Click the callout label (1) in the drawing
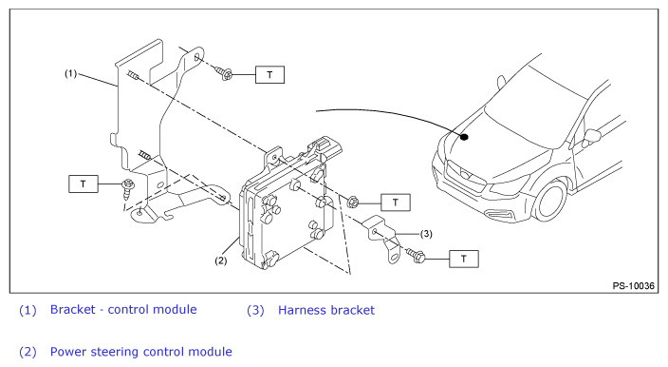coord(71,73)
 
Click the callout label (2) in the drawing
coord(221,261)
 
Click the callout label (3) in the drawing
coord(426,234)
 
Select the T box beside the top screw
coord(269,75)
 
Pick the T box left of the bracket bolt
coord(83,183)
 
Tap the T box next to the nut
coord(396,203)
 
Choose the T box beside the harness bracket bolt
coord(463,259)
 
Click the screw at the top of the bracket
coord(224,73)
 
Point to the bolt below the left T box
coord(128,189)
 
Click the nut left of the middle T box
coord(352,202)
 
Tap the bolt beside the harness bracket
coord(416,255)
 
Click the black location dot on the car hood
coord(464,137)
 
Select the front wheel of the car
coord(551,201)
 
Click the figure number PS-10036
coord(634,285)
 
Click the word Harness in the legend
coord(302,310)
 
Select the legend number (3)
coord(255,310)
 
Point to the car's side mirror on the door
coord(592,136)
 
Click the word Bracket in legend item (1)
coord(72,309)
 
